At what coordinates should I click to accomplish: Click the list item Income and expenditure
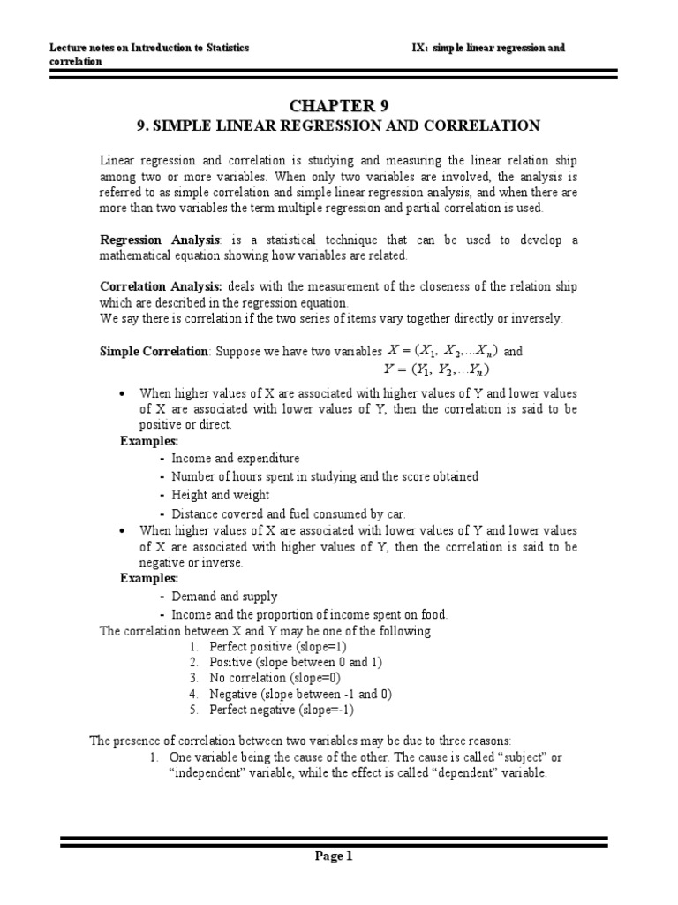[x=235, y=459]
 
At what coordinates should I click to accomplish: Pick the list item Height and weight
[x=220, y=495]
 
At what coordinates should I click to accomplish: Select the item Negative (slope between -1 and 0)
[x=300, y=694]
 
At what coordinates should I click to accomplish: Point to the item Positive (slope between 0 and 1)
[x=295, y=663]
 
